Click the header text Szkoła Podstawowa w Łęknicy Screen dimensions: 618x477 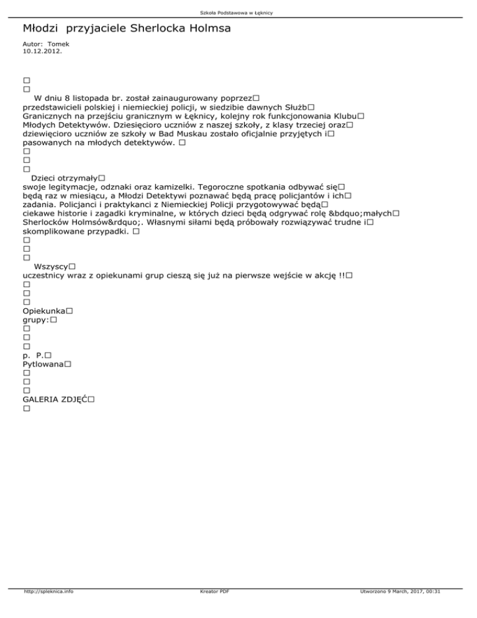(238, 12)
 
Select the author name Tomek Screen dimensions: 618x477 (59, 45)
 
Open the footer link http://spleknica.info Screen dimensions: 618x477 (47, 609)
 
